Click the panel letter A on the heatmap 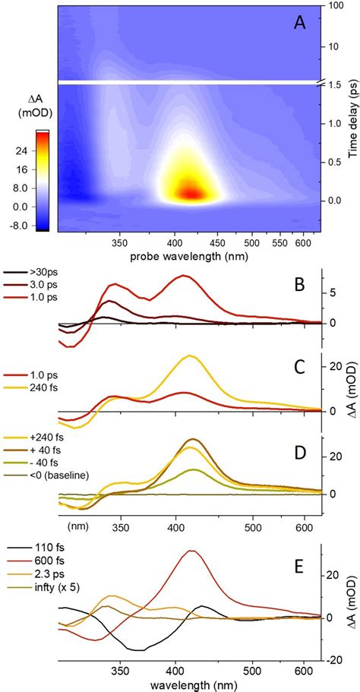point(301,24)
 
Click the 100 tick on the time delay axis point(333,7)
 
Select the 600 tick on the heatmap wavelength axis point(305,242)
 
